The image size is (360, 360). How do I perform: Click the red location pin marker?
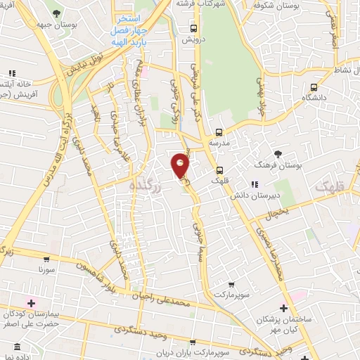180,166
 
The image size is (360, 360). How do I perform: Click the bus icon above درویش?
194,29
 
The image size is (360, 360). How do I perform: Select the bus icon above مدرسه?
219,131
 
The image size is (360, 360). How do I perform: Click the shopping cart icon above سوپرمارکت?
231,284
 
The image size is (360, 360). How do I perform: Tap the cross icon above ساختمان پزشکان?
284,308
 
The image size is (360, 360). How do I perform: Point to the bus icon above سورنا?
47,258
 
